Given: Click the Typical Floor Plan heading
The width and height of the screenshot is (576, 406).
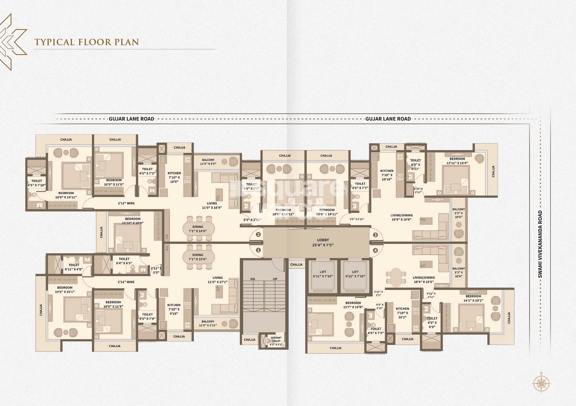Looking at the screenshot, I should click(86, 42).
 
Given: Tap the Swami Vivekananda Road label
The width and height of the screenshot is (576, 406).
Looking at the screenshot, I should click(540, 244).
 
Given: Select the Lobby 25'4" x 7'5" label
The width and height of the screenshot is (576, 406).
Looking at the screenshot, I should click(323, 242).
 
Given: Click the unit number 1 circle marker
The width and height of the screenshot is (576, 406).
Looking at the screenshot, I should click(258, 250).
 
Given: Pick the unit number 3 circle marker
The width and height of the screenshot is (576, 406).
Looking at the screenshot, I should click(376, 235).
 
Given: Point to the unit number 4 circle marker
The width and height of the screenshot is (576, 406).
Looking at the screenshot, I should click(376, 250).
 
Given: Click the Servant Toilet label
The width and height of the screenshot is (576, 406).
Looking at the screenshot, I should click(276, 341).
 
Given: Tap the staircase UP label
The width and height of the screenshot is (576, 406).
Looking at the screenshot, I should click(275, 279).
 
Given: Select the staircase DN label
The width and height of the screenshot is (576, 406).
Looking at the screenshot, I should click(252, 279).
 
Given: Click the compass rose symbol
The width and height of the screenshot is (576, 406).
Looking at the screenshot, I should click(541, 383).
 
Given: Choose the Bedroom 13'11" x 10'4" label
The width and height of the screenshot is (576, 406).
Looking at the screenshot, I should click(457, 161).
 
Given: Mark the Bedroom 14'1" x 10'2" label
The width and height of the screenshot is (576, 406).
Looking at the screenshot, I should click(473, 298).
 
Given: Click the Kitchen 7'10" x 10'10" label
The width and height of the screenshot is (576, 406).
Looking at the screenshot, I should click(387, 175).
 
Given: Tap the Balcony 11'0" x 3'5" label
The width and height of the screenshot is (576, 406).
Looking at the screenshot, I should click(208, 162).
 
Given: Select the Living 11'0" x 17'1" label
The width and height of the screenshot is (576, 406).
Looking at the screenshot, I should click(218, 280).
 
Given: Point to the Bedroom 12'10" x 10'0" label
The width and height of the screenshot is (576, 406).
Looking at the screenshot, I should click(132, 221).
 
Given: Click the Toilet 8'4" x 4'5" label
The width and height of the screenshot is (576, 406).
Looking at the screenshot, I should click(124, 261).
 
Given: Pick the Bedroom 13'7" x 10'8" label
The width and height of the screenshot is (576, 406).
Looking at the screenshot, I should click(353, 305).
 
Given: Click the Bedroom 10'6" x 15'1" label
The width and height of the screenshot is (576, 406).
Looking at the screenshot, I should click(65, 289).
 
